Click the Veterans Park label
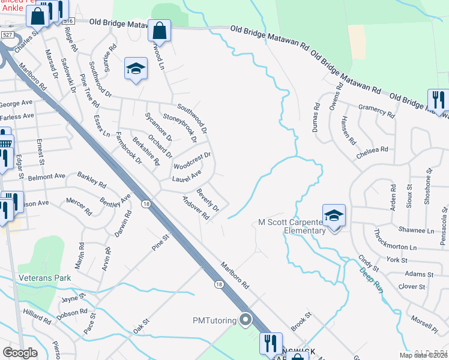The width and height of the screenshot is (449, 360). [44, 278]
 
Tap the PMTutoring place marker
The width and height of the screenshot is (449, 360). [244, 320]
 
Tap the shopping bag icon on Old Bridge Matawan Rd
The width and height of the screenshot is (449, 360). [159, 30]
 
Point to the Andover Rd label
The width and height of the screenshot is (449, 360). [194, 207]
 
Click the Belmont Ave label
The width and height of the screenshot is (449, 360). [47, 178]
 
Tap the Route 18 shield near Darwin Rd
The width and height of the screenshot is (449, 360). [146, 205]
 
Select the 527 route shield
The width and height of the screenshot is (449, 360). [8, 35]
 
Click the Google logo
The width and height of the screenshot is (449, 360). [20, 352]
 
